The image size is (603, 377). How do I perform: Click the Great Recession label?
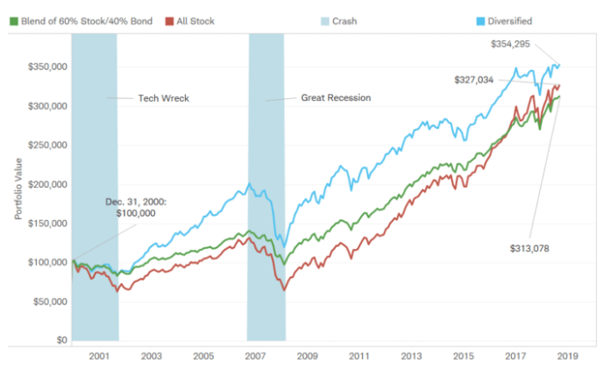(336, 98)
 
